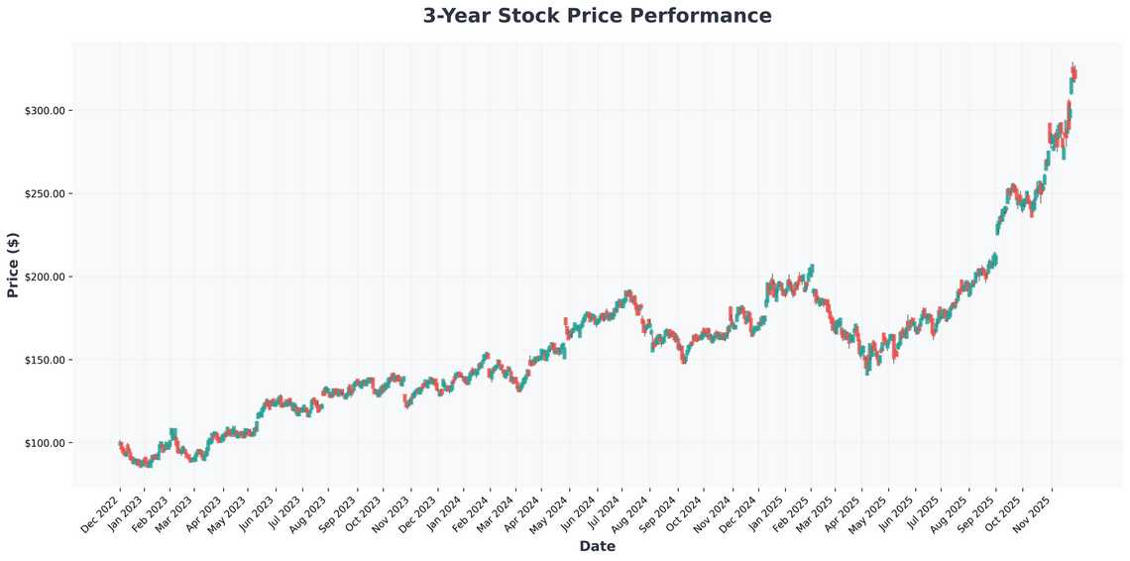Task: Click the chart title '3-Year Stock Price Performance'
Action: point(597,16)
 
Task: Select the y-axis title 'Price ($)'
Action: point(13,266)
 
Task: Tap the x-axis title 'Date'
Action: point(597,546)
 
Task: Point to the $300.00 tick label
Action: point(44,110)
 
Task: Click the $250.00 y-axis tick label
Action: point(44,193)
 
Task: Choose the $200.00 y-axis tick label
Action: point(44,277)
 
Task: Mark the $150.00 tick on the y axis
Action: point(44,360)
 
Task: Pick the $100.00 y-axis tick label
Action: point(44,443)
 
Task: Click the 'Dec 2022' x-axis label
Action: point(99,512)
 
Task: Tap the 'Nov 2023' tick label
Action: point(393,512)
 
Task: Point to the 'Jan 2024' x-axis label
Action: point(446,512)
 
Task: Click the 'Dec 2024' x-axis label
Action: point(738,512)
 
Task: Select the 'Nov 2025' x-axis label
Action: point(1032,512)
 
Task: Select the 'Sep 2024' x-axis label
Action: point(659,512)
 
